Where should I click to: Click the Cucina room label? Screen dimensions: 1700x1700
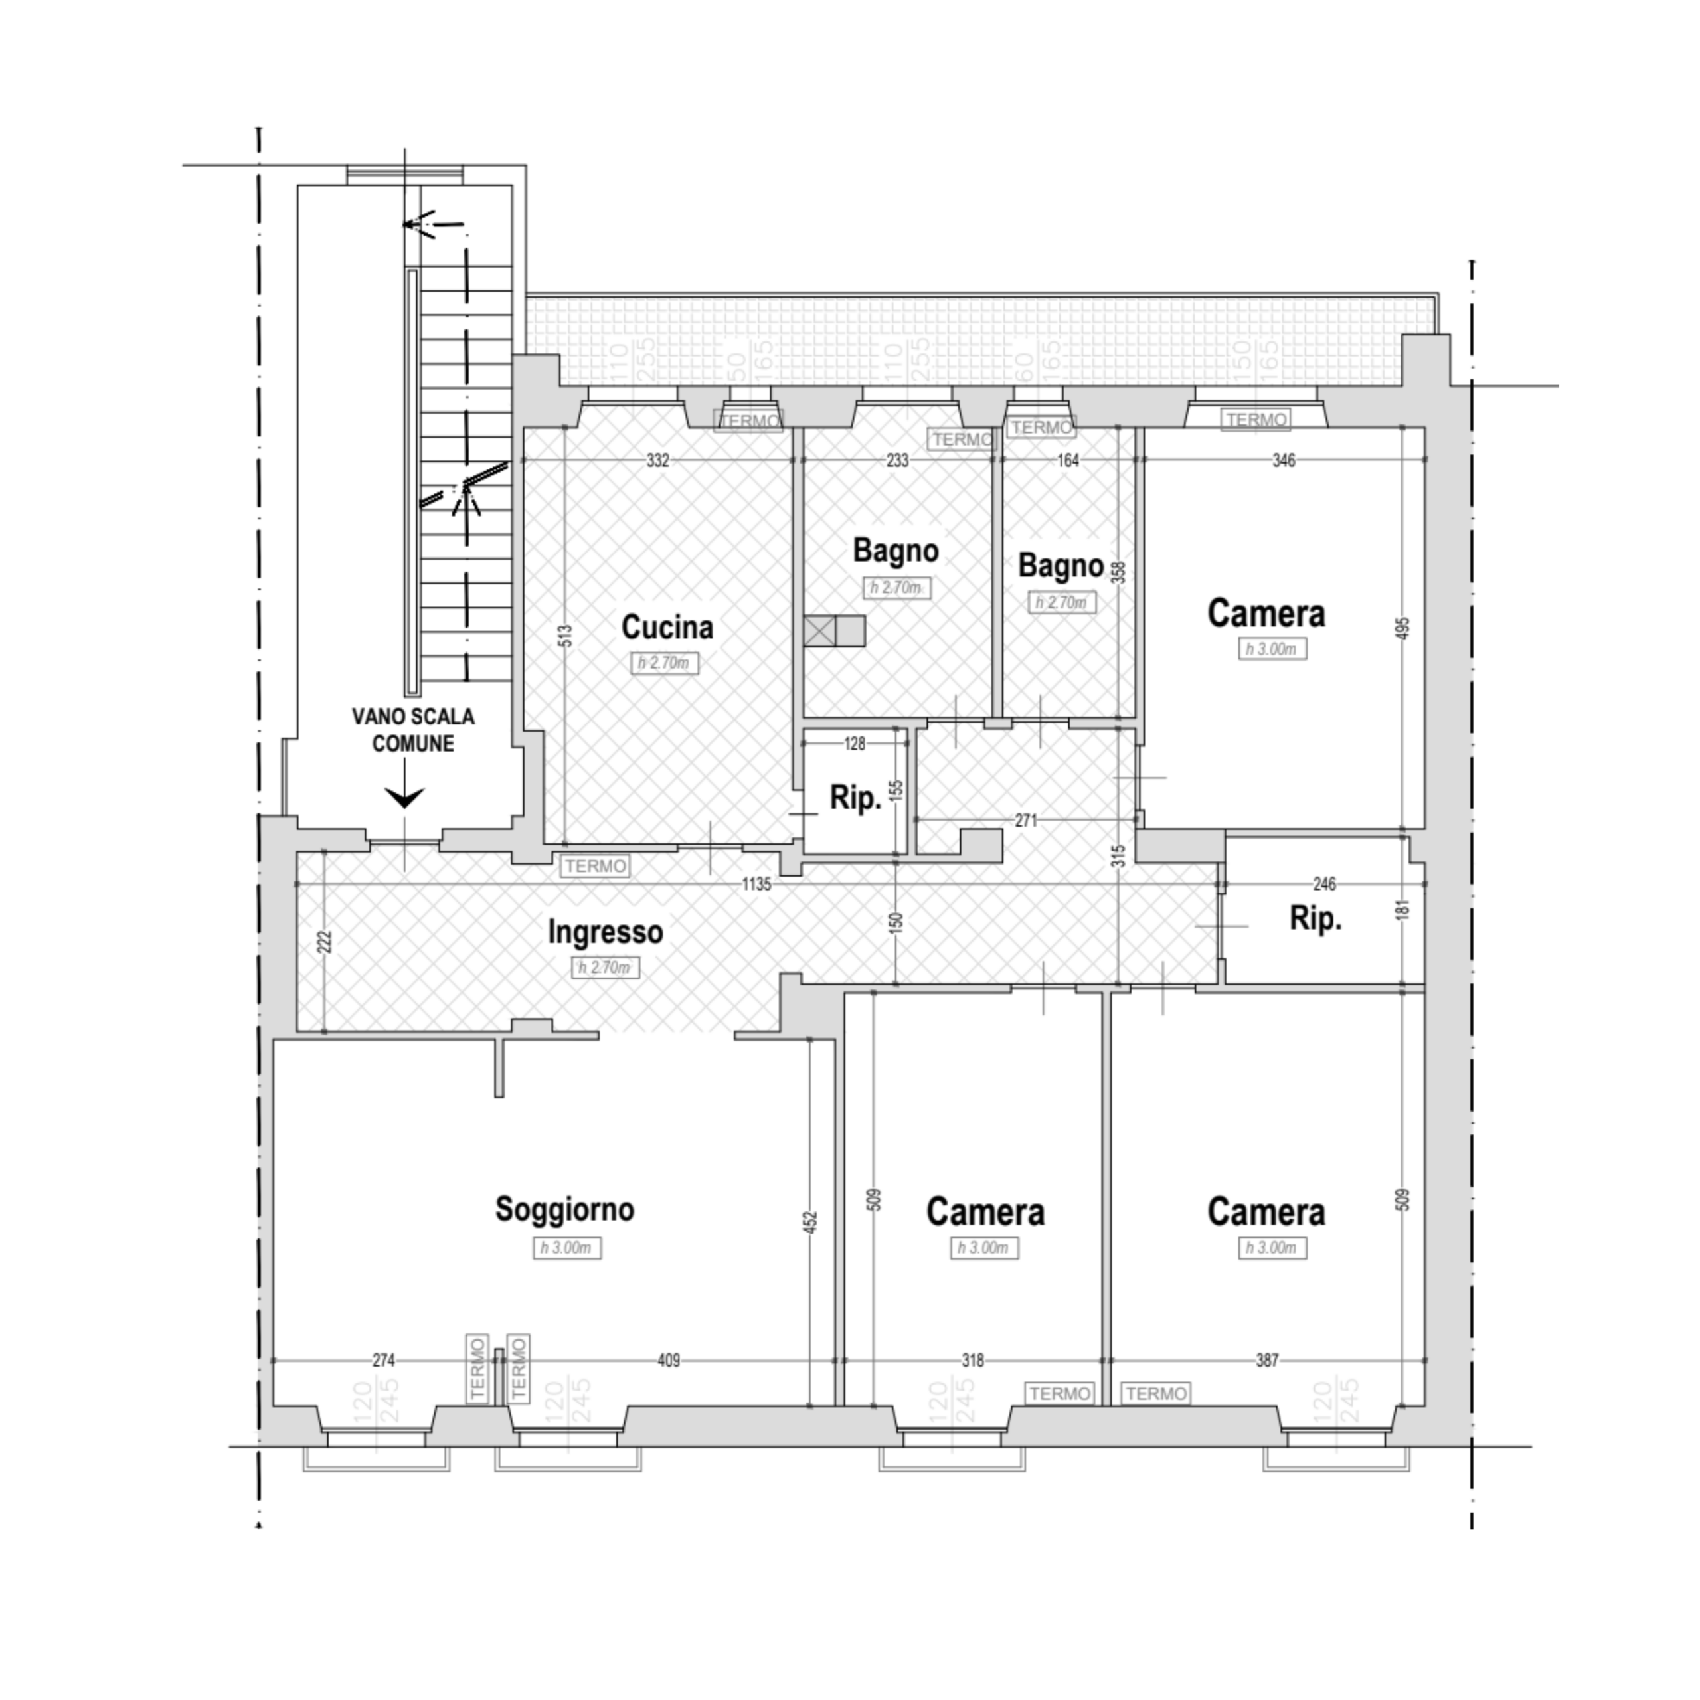point(667,628)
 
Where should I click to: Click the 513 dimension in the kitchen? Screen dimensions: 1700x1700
point(565,636)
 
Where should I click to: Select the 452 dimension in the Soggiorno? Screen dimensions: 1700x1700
point(811,1222)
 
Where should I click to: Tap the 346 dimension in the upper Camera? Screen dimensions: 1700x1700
point(1284,460)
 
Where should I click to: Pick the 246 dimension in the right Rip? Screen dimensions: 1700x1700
point(1323,883)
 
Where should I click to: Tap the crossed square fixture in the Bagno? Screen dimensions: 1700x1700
point(819,631)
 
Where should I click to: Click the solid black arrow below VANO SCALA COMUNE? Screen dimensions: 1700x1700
point(406,796)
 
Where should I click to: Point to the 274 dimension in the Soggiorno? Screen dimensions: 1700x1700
point(384,1361)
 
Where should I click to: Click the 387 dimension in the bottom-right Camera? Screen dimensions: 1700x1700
point(1266,1361)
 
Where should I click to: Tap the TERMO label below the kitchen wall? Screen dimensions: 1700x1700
point(596,866)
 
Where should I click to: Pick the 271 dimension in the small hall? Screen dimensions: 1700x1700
point(1025,820)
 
